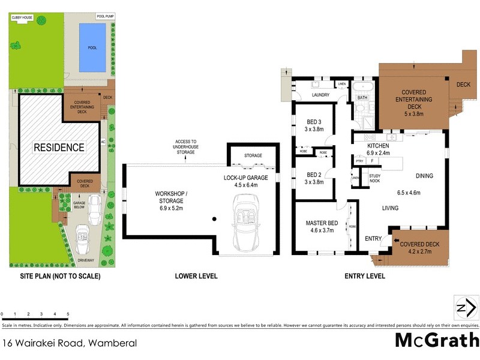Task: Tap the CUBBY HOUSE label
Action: (23, 18)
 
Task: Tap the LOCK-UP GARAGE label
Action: (249, 182)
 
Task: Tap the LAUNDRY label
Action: (322, 95)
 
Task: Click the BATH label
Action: (362, 97)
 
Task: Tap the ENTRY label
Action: (373, 239)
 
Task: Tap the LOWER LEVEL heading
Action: (196, 276)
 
